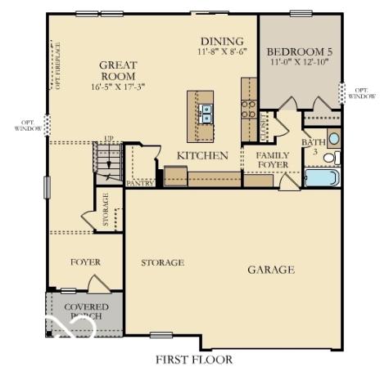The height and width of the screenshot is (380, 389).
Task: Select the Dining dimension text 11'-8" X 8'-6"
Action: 220,51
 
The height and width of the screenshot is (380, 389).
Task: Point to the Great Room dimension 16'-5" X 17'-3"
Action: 118,85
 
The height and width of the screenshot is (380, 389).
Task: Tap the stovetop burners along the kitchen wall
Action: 249,109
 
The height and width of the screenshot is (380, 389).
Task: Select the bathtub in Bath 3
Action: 322,177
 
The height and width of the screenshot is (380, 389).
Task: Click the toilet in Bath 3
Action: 329,157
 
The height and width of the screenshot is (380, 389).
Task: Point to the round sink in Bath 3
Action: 333,137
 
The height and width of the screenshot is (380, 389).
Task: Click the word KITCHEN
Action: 202,154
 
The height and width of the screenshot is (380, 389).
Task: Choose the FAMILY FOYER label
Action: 272,159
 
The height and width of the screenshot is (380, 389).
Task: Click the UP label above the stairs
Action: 108,139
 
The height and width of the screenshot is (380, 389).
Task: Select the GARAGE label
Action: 271,269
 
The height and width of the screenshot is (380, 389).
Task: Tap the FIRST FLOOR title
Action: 193,359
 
